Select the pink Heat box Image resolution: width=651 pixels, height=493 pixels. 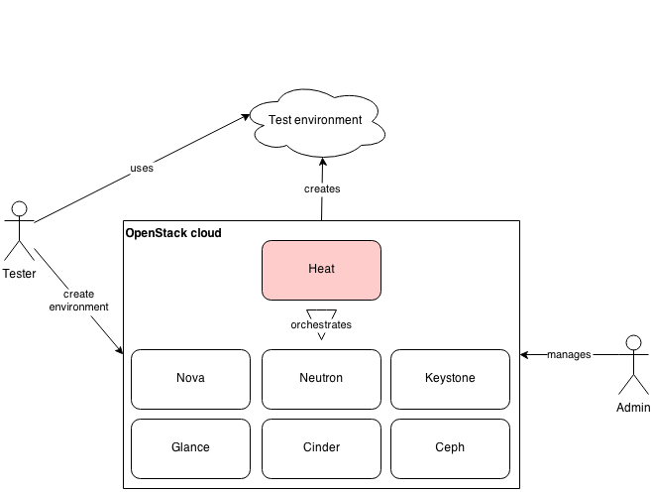[321, 270]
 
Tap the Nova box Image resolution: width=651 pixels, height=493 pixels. [190, 378]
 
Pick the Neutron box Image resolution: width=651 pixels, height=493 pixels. [321, 378]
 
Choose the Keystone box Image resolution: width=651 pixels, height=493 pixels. [450, 378]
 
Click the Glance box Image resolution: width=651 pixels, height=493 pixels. [190, 447]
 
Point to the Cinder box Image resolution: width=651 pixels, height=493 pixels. [321, 447]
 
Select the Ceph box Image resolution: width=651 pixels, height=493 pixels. [450, 447]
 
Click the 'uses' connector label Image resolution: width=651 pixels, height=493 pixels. [142, 169]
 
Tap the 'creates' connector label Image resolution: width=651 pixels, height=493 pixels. [322, 188]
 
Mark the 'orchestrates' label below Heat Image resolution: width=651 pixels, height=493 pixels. [321, 325]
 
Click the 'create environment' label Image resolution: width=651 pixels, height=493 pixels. [78, 302]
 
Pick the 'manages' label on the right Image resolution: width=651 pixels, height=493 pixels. [569, 354]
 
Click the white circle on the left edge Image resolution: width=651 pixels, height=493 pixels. [19, 208]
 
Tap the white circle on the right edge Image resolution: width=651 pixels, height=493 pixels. [634, 343]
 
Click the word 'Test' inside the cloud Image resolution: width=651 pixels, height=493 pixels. [281, 120]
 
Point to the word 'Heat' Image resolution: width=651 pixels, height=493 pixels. [321, 269]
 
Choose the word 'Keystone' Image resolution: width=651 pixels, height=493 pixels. [450, 378]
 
